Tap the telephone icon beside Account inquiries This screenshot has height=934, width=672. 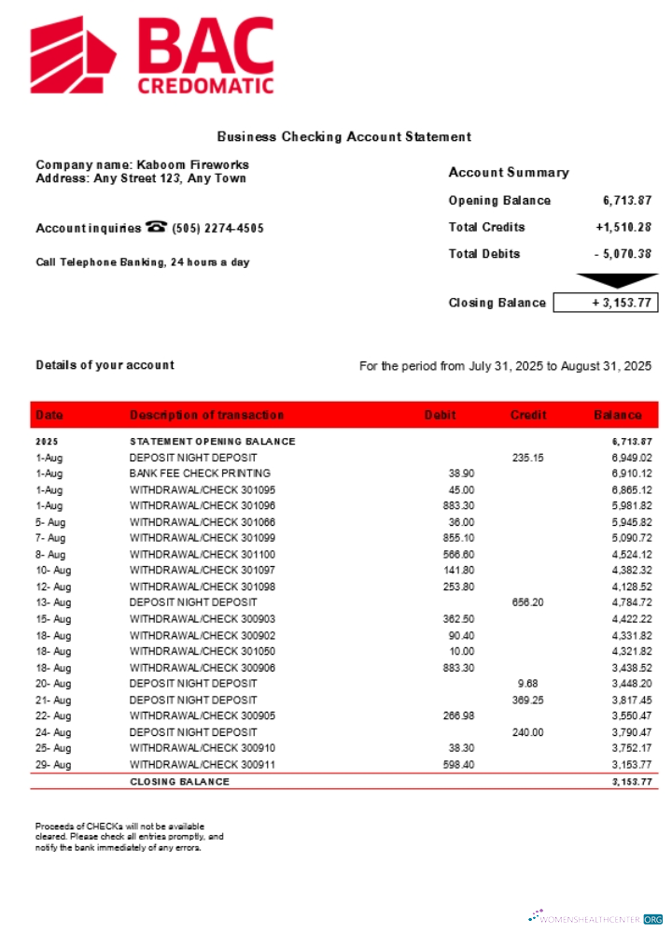156,227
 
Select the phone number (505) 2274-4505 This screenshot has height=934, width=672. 217,228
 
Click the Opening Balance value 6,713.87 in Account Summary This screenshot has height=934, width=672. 626,201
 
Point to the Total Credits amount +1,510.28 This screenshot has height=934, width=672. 623,227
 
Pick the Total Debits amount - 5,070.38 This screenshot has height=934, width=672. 623,254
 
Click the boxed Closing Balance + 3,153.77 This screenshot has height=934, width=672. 606,303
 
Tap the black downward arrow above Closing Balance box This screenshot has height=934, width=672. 606,281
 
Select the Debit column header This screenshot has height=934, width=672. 440,415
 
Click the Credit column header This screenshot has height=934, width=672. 528,415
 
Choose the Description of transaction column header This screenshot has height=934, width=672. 206,415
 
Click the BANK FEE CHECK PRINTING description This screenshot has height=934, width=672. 200,474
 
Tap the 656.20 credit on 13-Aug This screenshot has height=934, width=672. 527,602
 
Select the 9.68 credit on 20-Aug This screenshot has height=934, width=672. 527,684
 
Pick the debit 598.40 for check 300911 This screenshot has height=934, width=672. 458,764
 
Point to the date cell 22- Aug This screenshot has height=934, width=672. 53,715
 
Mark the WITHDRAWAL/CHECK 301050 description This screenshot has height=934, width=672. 203,651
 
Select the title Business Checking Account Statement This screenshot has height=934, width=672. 344,137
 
